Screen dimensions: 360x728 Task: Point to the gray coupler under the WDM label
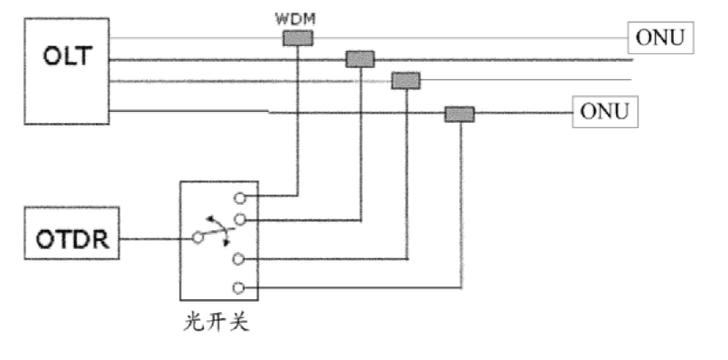pos(297,38)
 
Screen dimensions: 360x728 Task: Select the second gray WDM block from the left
pos(359,58)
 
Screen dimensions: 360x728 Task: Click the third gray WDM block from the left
pos(405,80)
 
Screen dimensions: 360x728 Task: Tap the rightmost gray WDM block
pos(459,114)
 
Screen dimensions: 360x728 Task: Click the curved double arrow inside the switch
pos(215,224)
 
